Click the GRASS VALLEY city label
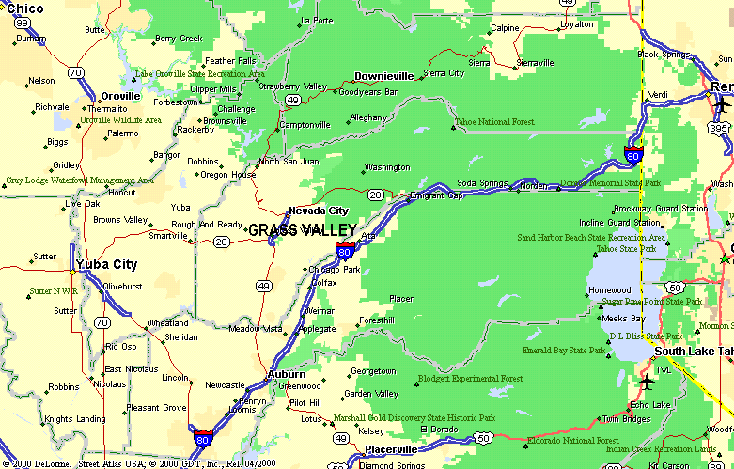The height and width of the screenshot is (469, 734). pyautogui.click(x=302, y=230)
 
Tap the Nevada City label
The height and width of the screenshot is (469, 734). pyautogui.click(x=318, y=211)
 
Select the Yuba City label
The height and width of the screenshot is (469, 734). pyautogui.click(x=106, y=264)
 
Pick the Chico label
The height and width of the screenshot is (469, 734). pyautogui.click(x=24, y=8)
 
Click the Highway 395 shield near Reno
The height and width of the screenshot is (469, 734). pyautogui.click(x=720, y=128)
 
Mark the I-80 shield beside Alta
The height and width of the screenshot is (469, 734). pyautogui.click(x=345, y=250)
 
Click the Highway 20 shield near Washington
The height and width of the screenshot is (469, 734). pyautogui.click(x=375, y=195)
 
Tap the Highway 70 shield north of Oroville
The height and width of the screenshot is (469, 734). pyautogui.click(x=75, y=71)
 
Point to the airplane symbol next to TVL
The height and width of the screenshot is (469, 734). pyautogui.click(x=647, y=383)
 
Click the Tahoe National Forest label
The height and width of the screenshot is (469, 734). pyautogui.click(x=494, y=122)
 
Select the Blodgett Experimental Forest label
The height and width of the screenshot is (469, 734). pyautogui.click(x=470, y=379)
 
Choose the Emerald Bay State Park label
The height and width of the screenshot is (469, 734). pyautogui.click(x=564, y=351)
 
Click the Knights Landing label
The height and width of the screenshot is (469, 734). pyautogui.click(x=74, y=418)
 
